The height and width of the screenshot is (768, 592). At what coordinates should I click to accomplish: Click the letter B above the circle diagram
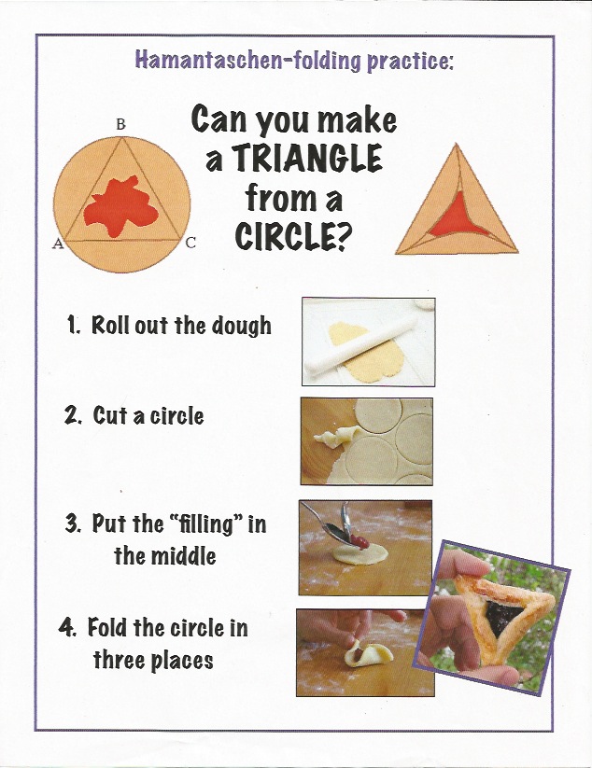pos(120,125)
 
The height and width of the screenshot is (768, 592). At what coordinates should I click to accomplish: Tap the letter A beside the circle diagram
pos(58,244)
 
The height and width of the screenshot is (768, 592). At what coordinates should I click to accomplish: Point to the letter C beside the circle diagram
pos(190,242)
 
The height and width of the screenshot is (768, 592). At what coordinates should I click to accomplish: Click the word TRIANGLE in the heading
pos(307,159)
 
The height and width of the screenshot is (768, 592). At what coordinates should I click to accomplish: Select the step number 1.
pos(74,326)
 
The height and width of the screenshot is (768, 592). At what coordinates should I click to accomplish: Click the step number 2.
pos(73,415)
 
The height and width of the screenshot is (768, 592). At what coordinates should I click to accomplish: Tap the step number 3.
pos(74,524)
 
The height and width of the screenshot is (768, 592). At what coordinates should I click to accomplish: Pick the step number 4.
pos(67,627)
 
